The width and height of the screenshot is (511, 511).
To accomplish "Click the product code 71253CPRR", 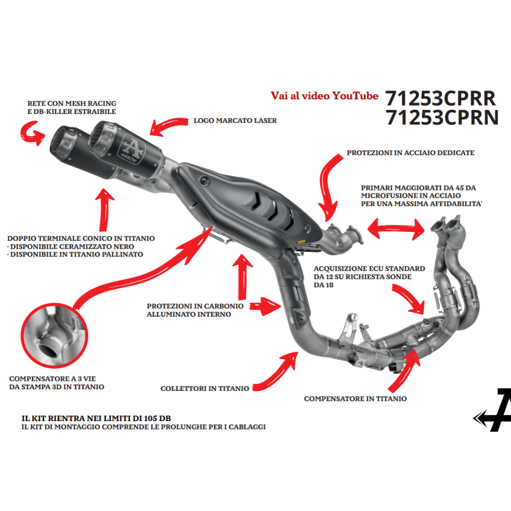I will (441, 98).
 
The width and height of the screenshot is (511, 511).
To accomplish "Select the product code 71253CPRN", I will (442, 118).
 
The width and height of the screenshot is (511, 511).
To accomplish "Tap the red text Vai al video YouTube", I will (324, 95).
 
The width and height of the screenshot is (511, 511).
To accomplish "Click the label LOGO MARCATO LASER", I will (235, 120).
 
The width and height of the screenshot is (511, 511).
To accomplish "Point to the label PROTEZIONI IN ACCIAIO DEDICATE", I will (410, 152).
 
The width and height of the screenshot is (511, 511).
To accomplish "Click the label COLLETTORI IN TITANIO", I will (204, 388).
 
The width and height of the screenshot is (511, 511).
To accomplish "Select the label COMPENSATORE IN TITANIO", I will (355, 399).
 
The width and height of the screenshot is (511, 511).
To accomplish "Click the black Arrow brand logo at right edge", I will (494, 410).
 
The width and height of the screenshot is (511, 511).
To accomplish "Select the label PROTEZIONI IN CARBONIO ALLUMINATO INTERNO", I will (195, 310).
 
